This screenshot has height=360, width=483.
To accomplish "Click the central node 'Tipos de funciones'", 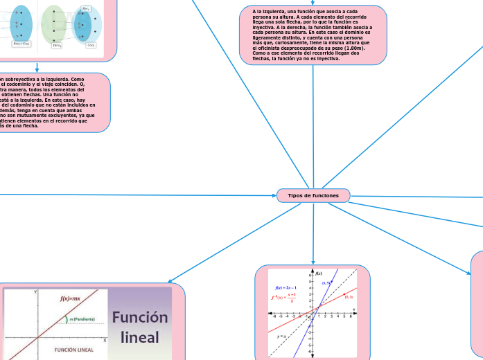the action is [x=313, y=196].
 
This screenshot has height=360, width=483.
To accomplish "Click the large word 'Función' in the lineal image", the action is [x=140, y=317].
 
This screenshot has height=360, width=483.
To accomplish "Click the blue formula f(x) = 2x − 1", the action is [x=286, y=287].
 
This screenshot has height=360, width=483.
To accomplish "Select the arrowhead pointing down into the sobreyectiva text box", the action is [x=37, y=70].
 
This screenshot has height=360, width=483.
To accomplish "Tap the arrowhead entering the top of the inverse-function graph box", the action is [x=313, y=262].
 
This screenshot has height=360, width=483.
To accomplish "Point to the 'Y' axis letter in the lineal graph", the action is [x=35, y=293].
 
